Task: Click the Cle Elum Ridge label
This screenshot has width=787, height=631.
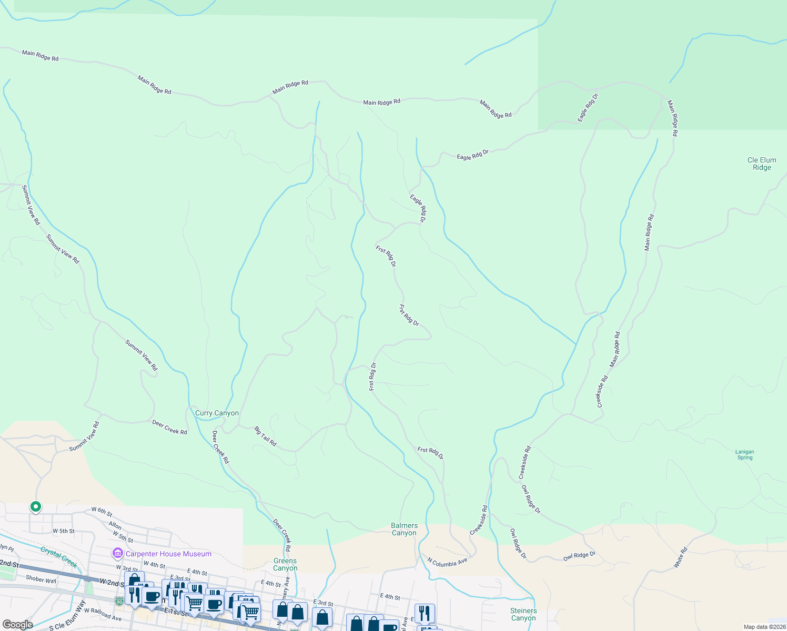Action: pos(761,164)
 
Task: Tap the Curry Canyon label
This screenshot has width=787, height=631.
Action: pos(217,413)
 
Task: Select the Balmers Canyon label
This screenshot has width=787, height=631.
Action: pos(404,529)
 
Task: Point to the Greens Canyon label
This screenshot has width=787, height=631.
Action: pos(285,564)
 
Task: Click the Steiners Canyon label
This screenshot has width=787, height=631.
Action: pos(523,614)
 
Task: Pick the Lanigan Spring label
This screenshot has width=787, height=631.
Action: pos(744,454)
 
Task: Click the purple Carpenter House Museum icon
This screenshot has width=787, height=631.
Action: pos(117,554)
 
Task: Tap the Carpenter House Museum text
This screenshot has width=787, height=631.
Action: pos(168,554)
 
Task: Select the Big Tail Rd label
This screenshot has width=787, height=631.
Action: pos(266,436)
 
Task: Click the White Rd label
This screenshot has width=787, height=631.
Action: pos(681,558)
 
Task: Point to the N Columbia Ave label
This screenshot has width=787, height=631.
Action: pos(447,562)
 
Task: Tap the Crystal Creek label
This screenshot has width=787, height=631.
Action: pos(59,556)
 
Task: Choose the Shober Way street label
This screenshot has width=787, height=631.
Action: pos(41,579)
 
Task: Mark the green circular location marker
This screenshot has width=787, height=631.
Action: pos(36,507)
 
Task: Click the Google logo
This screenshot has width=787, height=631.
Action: pos(17,625)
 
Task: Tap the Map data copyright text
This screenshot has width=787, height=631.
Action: pos(764,627)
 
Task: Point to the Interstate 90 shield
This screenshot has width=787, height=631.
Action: pos(120,601)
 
